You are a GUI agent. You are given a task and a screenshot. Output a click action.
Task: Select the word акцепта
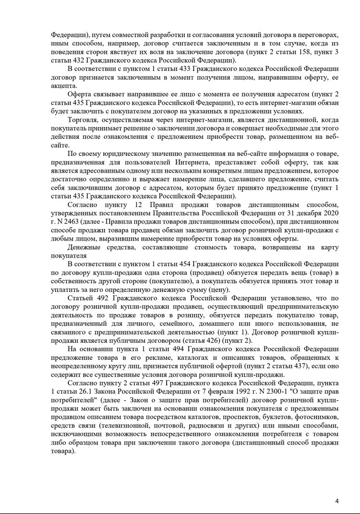point(64,86)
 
